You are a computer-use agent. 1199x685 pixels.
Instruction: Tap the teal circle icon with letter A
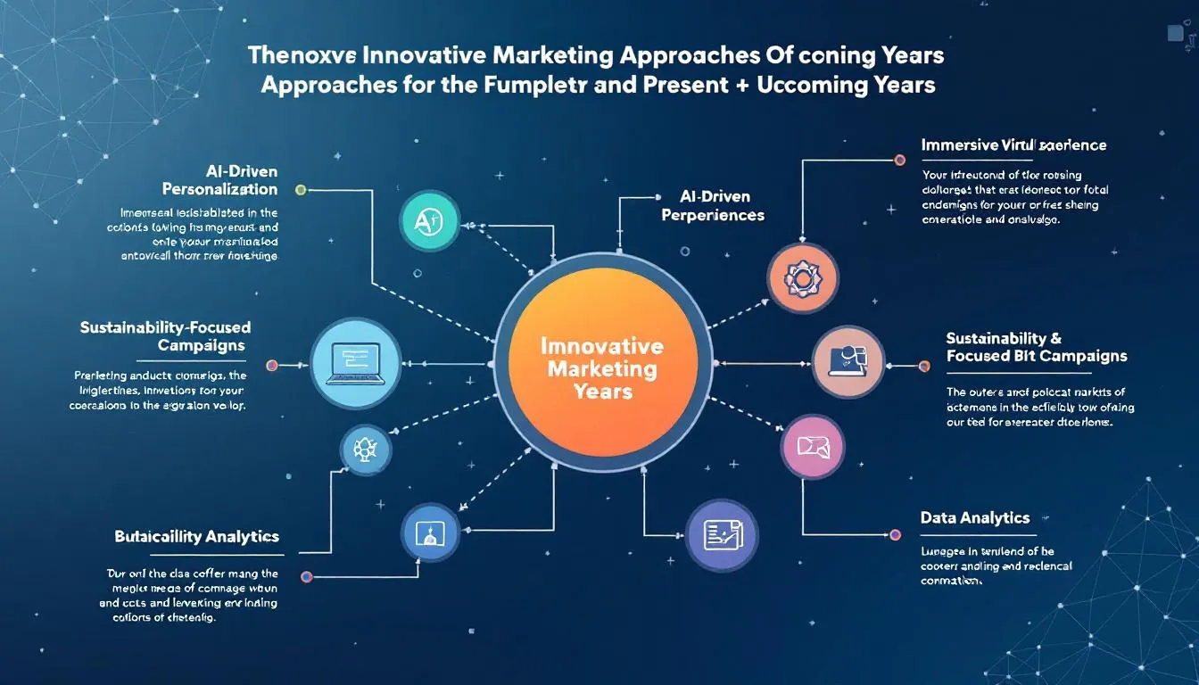430,219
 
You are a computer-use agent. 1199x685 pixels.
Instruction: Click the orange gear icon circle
802,278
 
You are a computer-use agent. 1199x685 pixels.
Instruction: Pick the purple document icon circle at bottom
721,535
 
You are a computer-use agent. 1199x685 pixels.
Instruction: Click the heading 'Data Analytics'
975,517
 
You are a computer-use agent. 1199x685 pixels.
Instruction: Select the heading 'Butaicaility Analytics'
196,536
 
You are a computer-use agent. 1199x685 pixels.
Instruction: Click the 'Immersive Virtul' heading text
1013,144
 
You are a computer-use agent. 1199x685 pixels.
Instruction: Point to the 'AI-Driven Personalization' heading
220,179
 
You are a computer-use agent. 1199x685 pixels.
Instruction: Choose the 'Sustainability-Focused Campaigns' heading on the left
165,336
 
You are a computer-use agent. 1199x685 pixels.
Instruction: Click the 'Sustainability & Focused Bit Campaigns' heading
1036,347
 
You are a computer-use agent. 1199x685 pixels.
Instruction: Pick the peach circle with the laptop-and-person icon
848,361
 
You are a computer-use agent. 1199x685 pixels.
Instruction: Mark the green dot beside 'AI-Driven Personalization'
301,190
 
